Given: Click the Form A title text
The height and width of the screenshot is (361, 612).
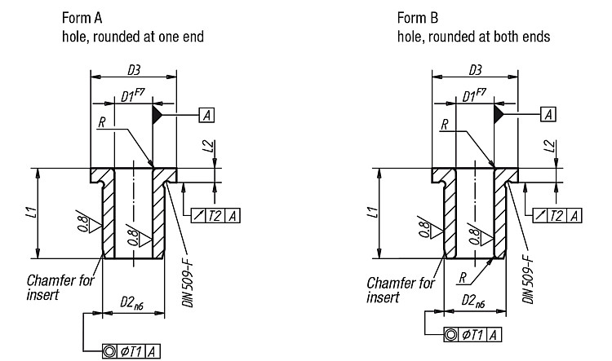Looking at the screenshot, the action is [82, 18].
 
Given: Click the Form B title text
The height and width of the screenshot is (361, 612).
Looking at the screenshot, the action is [418, 18].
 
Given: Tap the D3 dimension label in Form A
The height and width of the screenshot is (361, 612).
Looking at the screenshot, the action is [134, 70].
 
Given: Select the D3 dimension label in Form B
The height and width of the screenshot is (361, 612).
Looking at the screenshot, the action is [475, 70].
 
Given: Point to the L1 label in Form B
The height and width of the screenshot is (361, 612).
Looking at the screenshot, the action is [374, 213].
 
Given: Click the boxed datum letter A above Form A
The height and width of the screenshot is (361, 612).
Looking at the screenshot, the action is [207, 115].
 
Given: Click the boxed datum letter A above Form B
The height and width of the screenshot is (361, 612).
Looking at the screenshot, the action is [548, 115].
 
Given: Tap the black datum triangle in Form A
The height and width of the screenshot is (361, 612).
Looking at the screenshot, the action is [157, 115].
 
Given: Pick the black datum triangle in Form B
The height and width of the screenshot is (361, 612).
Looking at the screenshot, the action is [498, 115].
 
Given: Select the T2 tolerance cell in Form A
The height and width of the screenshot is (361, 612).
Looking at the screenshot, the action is [215, 216].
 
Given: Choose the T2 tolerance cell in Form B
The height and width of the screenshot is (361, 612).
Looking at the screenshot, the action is [557, 216].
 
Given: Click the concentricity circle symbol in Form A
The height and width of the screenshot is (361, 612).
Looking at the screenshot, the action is [109, 352].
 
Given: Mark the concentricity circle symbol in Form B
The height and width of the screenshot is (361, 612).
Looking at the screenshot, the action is [450, 335].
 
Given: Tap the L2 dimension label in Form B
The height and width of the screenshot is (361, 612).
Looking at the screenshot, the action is [550, 147].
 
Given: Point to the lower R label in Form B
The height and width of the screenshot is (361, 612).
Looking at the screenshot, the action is [463, 278].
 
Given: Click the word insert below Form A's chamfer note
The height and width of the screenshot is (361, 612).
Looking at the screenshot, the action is [42, 295].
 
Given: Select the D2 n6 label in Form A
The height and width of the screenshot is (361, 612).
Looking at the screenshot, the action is [131, 302].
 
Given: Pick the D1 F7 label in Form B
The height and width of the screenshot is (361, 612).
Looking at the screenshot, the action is [474, 95].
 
